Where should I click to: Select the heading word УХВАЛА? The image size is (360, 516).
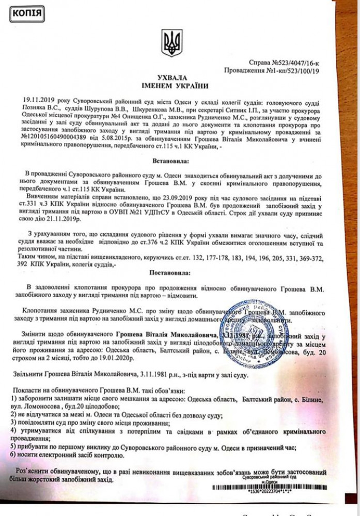click(171, 77)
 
